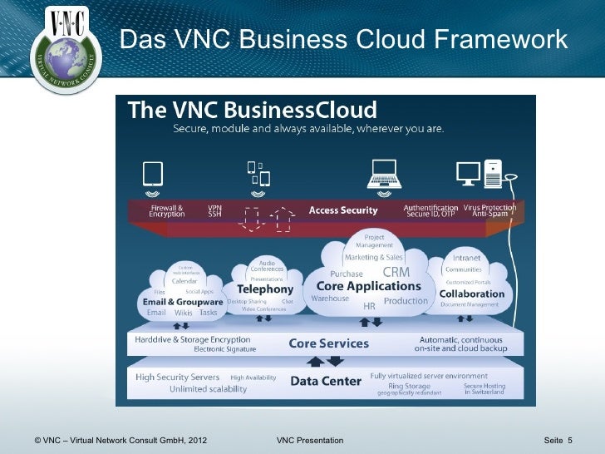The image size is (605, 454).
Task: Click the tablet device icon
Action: pyautogui.click(x=152, y=173)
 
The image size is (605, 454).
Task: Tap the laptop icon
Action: pyautogui.click(x=385, y=173)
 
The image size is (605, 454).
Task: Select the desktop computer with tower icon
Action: pyautogui.click(x=480, y=173)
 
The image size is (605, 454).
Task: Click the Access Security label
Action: pyautogui.click(x=343, y=210)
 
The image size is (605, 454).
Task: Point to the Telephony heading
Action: pyautogui.click(x=266, y=289)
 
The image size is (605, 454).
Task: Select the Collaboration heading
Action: pyautogui.click(x=472, y=294)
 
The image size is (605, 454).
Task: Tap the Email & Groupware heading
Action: pyautogui.click(x=183, y=302)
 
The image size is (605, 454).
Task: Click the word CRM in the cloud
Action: pyautogui.click(x=396, y=273)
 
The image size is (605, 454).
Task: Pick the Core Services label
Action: pyautogui.click(x=328, y=343)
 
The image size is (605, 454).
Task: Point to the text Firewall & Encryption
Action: pyautogui.click(x=167, y=210)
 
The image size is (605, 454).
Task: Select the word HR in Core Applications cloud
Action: pyautogui.click(x=370, y=306)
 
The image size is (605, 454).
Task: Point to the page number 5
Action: pyautogui.click(x=571, y=439)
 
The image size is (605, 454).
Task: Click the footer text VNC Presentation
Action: pyautogui.click(x=309, y=439)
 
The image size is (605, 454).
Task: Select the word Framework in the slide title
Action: pyautogui.click(x=497, y=39)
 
